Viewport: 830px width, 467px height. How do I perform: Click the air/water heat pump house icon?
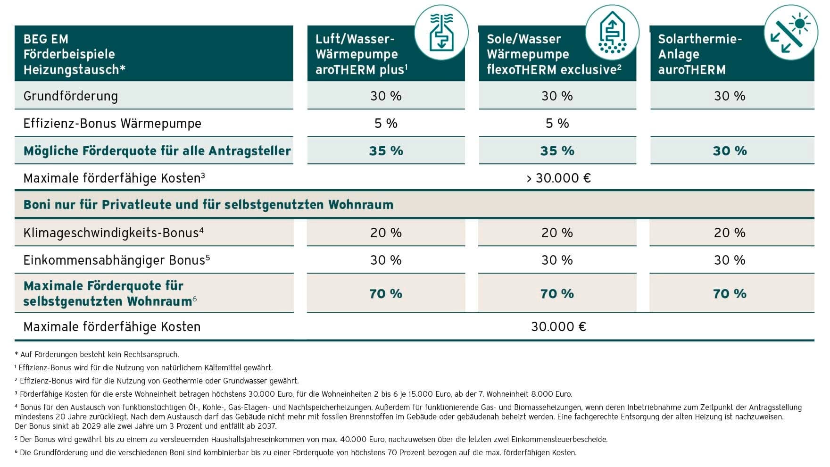pyautogui.click(x=441, y=33)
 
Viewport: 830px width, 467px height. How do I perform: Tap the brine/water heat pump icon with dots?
pyautogui.click(x=612, y=33)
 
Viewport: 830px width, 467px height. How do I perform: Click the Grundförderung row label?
pyautogui.click(x=71, y=96)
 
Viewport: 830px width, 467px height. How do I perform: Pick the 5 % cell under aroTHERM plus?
pyautogui.click(x=386, y=124)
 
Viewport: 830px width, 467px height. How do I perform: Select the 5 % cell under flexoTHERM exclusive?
pyautogui.click(x=557, y=124)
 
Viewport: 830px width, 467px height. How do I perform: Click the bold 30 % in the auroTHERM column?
pyautogui.click(x=730, y=151)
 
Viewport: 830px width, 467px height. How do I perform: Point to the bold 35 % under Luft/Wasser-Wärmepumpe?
pyautogui.click(x=386, y=151)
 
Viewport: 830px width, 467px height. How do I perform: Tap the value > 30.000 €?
pyautogui.click(x=558, y=178)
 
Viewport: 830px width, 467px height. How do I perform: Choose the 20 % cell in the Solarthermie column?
pyautogui.click(x=730, y=233)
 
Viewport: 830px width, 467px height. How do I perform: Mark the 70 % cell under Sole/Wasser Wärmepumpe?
pyautogui.click(x=557, y=294)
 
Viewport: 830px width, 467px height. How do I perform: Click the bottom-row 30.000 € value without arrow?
pyautogui.click(x=558, y=326)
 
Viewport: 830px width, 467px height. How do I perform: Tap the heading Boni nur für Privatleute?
pyautogui.click(x=208, y=205)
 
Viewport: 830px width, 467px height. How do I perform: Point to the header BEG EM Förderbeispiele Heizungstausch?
pyautogui.click(x=74, y=54)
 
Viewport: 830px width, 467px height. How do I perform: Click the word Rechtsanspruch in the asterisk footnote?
pyautogui.click(x=150, y=354)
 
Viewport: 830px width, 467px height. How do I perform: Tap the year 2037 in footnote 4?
pyautogui.click(x=267, y=426)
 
